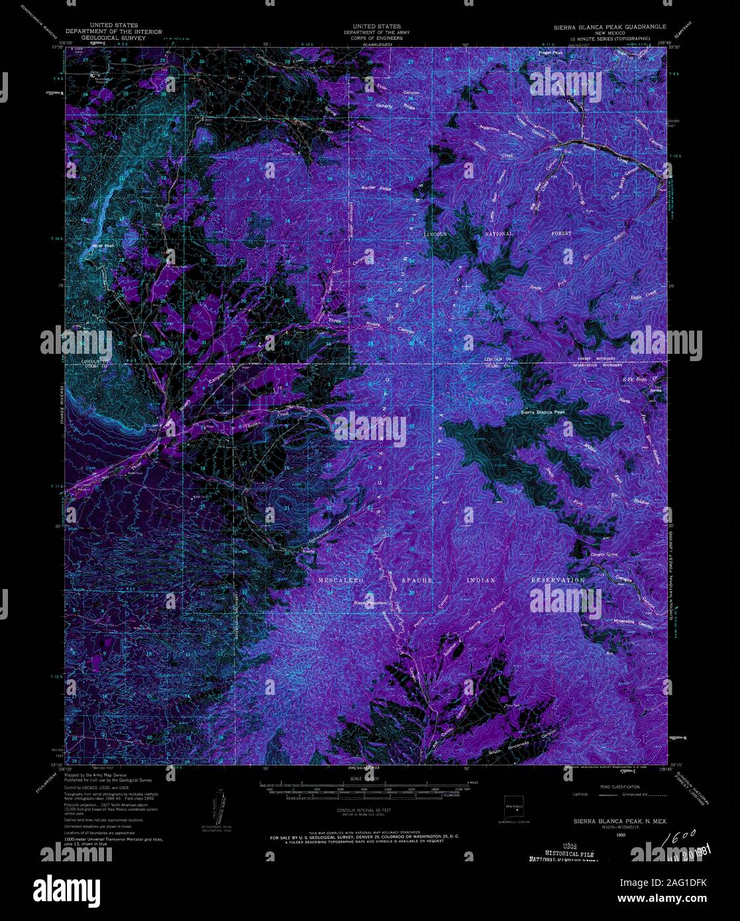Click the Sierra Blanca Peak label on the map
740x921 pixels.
point(543,412)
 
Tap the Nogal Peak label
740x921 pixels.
point(551,52)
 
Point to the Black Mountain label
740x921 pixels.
point(370,602)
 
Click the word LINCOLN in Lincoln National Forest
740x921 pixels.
point(441,234)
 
